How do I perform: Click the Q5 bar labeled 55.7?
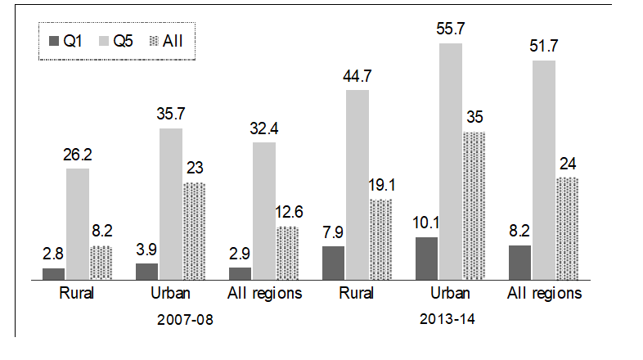click(x=451, y=161)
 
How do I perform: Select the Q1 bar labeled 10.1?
click(x=427, y=259)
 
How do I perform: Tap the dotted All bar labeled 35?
click(x=474, y=205)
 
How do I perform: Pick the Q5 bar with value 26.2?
click(x=78, y=223)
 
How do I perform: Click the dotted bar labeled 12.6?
click(x=287, y=253)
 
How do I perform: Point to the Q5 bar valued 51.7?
click(x=544, y=169)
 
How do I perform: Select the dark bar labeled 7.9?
click(x=334, y=263)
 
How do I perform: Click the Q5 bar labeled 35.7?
click(x=171, y=204)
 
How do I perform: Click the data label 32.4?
click(x=264, y=129)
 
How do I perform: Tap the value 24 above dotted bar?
click(x=568, y=164)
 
